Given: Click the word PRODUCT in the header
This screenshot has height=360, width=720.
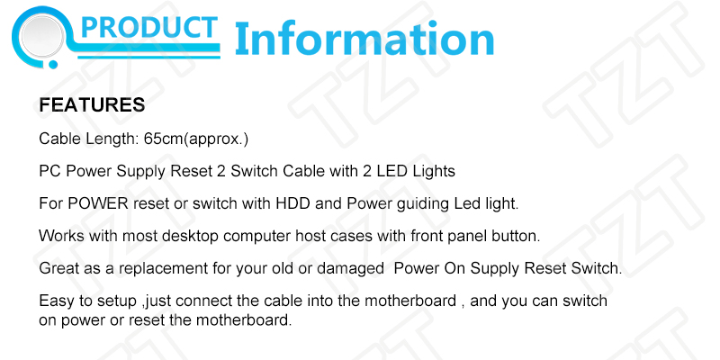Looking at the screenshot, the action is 148,28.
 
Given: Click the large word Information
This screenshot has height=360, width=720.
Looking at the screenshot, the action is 364,40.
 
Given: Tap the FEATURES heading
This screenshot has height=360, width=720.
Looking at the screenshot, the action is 92,105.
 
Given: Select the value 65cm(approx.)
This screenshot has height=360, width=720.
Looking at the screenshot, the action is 196,139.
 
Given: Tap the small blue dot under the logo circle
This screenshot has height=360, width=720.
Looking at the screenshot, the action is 53,65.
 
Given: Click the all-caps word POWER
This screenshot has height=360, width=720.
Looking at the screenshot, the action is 98,203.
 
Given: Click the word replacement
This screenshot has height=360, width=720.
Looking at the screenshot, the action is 163,269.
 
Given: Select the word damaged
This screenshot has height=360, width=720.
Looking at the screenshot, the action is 350,269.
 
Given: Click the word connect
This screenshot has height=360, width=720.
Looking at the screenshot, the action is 201,301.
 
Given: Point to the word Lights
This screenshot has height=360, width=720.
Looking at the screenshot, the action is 434,172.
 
